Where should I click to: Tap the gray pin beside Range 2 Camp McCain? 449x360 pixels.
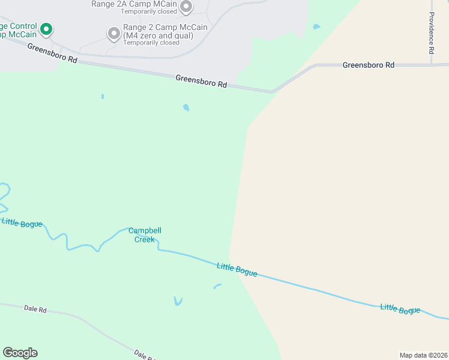coord(113,34)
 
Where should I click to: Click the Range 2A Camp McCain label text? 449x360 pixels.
coord(133,4)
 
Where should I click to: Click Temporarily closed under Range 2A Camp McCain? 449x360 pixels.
coord(148,11)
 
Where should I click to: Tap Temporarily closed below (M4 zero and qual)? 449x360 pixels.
coord(151,43)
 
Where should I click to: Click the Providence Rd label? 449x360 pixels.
coord(432,34)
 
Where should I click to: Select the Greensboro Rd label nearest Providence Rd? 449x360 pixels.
coord(369,65)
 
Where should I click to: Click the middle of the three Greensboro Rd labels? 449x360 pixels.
coord(201,82)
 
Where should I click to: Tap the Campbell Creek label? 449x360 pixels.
coord(145,235)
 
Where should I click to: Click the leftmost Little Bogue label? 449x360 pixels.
coord(22,223)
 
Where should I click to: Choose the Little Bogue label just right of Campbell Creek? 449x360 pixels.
coord(237,270)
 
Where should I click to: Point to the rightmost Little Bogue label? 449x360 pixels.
coord(400,309)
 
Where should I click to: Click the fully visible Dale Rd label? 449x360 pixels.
coord(35,309)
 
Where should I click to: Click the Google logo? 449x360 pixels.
coord(20,353)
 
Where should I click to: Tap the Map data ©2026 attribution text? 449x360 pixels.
coord(423,355)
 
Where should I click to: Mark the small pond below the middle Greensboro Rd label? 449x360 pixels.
coord(186,108)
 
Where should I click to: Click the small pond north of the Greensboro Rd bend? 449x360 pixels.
coord(316,27)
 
